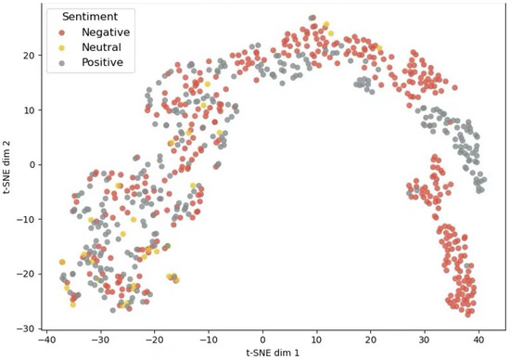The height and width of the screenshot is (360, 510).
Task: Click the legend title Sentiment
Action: pyautogui.click(x=90, y=17)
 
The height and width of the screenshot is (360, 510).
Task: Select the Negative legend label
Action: pyautogui.click(x=106, y=32)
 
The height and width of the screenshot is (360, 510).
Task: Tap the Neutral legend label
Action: pyautogui.click(x=101, y=47)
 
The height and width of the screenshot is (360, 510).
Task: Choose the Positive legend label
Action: pyautogui.click(x=102, y=62)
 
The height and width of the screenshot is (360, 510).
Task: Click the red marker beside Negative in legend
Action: pyautogui.click(x=61, y=32)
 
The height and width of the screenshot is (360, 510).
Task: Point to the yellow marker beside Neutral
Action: pyautogui.click(x=61, y=48)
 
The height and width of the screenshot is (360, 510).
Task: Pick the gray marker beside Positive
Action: pyautogui.click(x=61, y=63)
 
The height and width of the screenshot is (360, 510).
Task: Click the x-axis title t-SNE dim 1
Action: pyautogui.click(x=273, y=353)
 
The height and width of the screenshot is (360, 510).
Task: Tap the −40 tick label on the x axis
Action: pyautogui.click(x=47, y=340)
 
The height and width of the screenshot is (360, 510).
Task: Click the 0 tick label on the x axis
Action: pyautogui.click(x=262, y=340)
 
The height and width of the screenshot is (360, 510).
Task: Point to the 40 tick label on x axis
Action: pyautogui.click(x=478, y=340)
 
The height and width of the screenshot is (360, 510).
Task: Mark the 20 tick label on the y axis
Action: pyautogui.click(x=29, y=56)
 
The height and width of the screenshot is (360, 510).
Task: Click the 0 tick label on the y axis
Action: pyautogui.click(x=32, y=165)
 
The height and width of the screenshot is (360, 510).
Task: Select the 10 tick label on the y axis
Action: pyautogui.click(x=29, y=110)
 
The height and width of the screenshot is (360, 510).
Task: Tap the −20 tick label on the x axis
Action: pyautogui.click(x=155, y=340)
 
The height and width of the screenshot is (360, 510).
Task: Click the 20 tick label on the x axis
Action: pyautogui.click(x=371, y=340)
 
